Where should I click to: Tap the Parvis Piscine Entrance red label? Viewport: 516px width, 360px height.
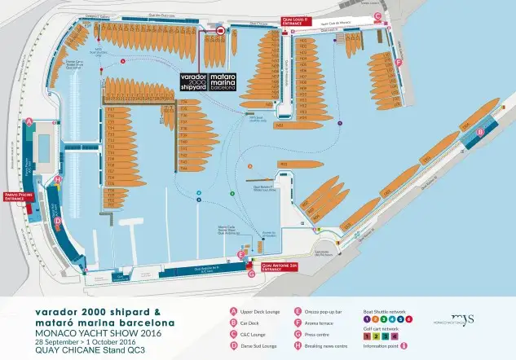[20, 197]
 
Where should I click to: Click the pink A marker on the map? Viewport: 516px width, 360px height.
[29, 121]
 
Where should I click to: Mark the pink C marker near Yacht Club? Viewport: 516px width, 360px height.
[377, 15]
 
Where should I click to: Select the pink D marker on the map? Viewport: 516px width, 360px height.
[57, 220]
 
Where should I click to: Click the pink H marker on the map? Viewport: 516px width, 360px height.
[57, 179]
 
